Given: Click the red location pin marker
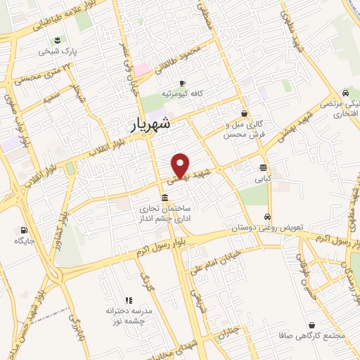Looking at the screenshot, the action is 181,165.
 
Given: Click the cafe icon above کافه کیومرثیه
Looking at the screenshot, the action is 181,83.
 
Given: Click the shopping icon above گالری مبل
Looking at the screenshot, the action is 244,112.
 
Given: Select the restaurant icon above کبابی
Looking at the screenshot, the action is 262,167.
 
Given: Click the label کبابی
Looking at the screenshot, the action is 262,178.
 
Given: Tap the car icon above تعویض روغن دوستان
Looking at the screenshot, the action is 267,217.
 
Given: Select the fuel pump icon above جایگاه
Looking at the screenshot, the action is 25,230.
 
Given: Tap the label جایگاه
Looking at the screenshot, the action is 24,240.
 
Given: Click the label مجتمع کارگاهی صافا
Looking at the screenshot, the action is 312,335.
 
